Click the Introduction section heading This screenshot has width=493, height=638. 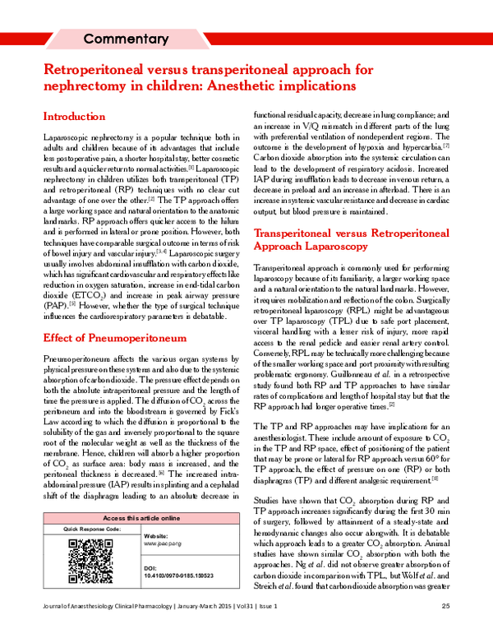74,117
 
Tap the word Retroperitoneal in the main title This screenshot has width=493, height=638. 99,70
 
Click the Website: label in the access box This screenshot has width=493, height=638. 156,534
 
